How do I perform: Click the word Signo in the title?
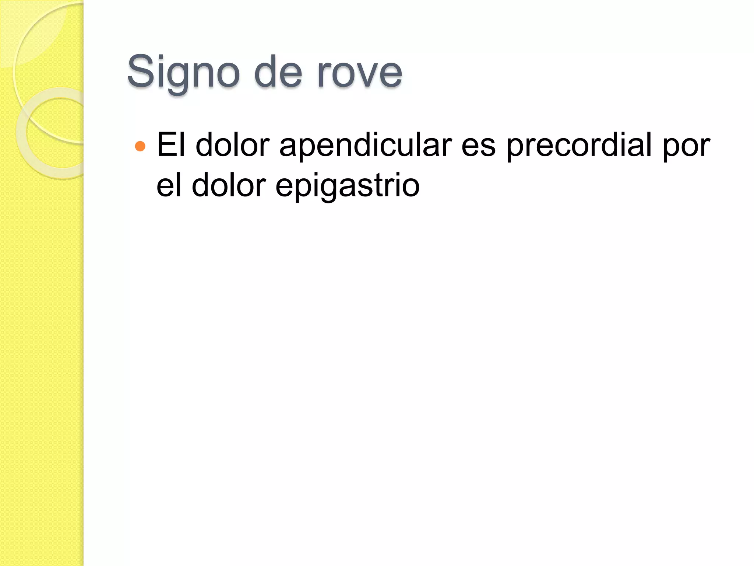click(183, 72)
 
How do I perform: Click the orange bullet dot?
click(140, 146)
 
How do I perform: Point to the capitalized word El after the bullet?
click(171, 145)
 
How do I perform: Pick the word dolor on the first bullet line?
click(233, 145)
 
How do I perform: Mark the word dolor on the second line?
click(229, 185)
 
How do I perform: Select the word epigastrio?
click(347, 186)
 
